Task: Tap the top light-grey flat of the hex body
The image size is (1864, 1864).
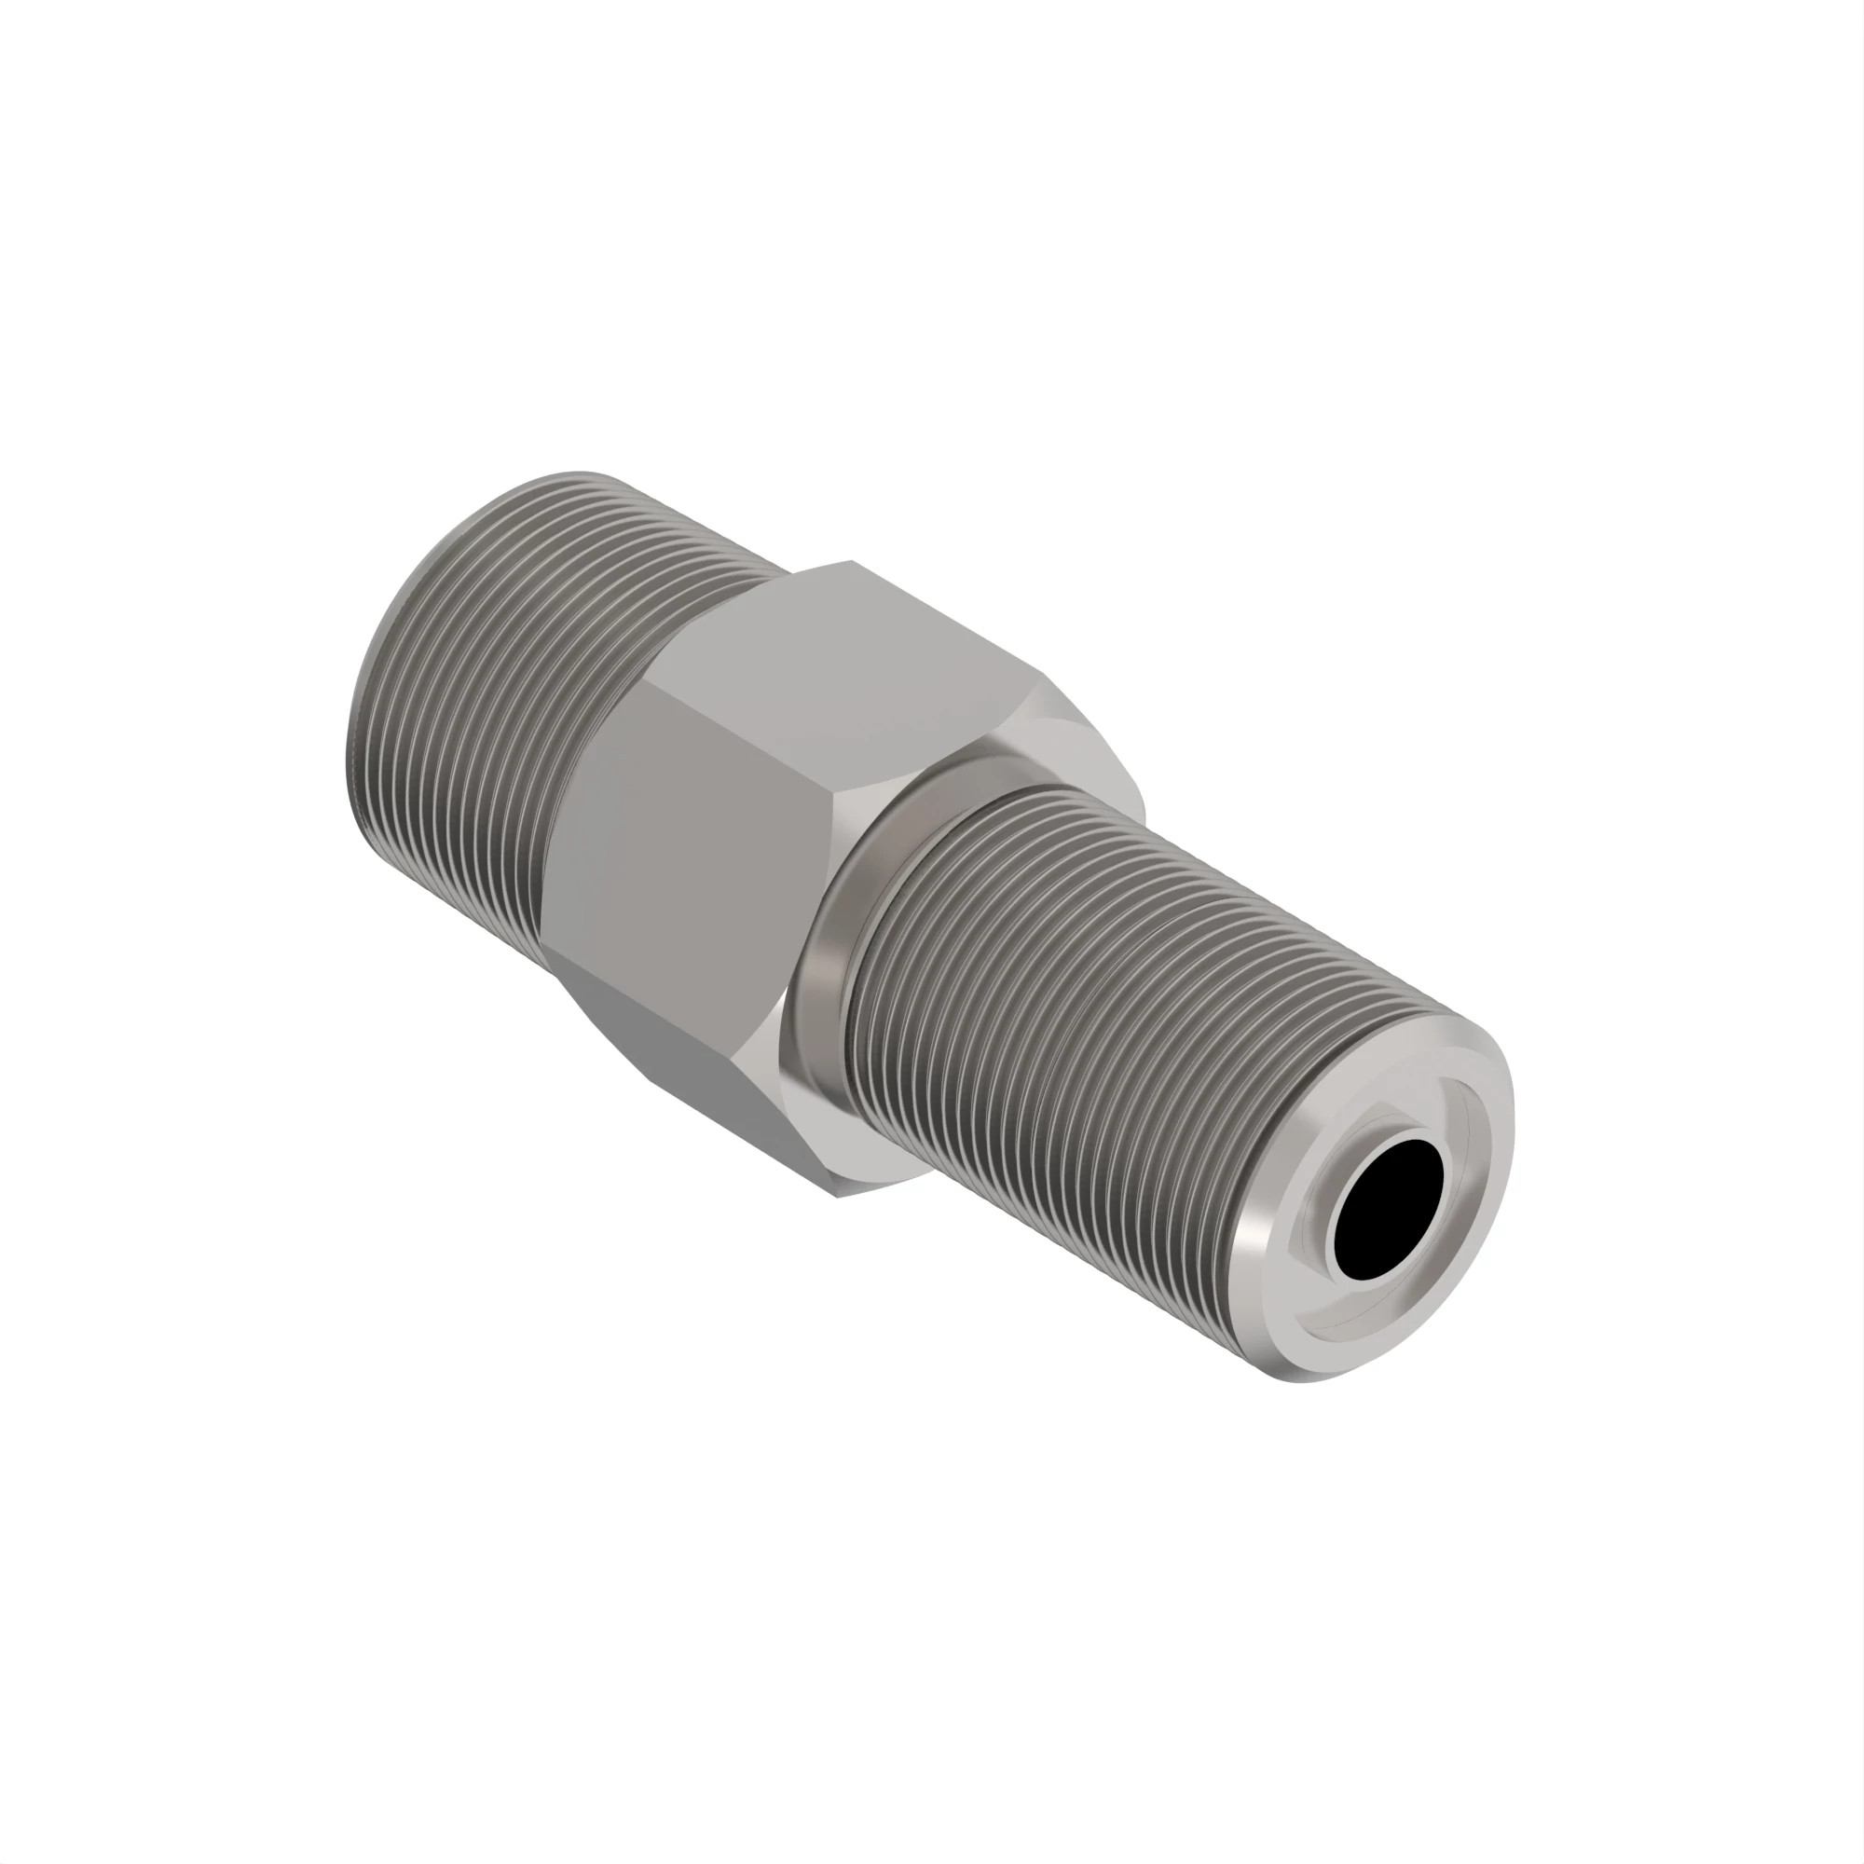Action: [849, 665]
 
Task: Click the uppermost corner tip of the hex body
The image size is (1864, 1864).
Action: [851, 560]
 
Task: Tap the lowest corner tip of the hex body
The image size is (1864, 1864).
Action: [838, 1198]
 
